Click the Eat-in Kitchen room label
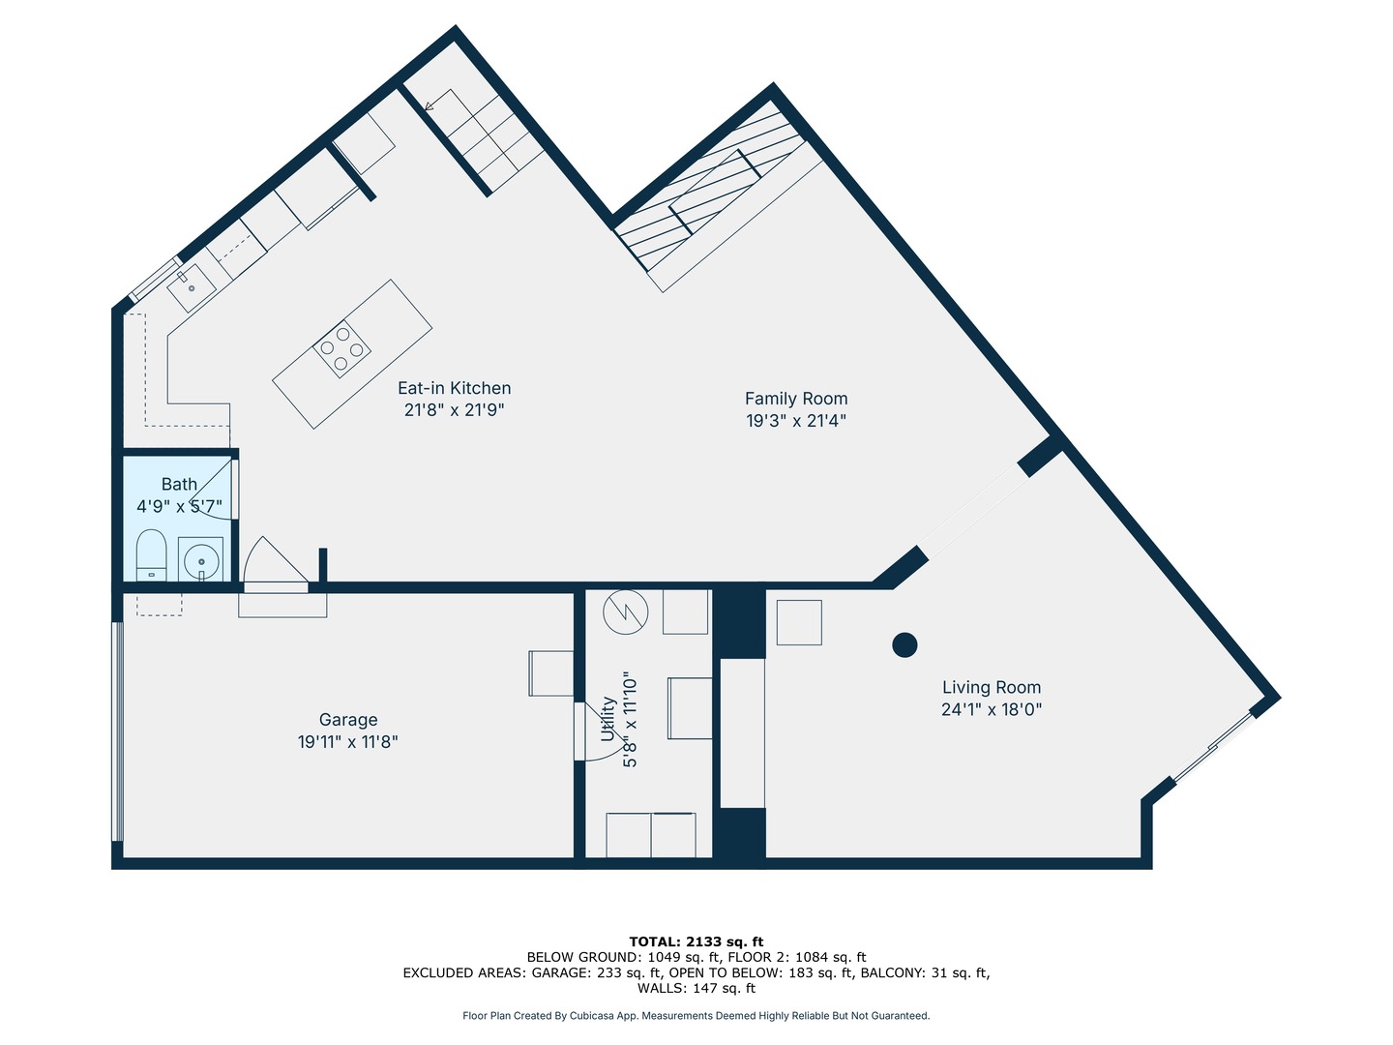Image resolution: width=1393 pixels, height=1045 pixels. coord(454,388)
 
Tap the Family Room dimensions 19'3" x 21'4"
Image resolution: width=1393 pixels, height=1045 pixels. coord(796,420)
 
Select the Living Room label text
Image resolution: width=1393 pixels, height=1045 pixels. coord(992,687)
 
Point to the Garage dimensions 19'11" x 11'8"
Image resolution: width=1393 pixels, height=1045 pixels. coord(348,741)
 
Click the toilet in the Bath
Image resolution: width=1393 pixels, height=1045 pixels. coord(151,555)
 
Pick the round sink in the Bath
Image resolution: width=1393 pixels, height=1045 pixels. coord(201,561)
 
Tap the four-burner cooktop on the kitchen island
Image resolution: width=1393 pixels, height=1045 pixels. coord(342,349)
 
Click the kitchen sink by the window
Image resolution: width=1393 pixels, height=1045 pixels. coord(191,288)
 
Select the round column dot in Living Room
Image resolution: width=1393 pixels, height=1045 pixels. coord(904,644)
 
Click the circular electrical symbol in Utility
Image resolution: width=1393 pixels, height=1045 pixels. coord(626,612)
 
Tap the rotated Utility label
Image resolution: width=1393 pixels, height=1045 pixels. coord(608,719)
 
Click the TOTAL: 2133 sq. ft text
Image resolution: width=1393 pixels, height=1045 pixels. coord(696,941)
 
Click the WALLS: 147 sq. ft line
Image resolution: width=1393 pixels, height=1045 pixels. coord(696,988)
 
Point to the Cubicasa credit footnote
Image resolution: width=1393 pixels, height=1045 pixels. coord(696,1016)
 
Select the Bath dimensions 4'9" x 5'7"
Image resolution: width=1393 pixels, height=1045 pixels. coord(180,506)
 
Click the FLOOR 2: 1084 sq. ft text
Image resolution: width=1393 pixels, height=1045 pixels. coord(796,957)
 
